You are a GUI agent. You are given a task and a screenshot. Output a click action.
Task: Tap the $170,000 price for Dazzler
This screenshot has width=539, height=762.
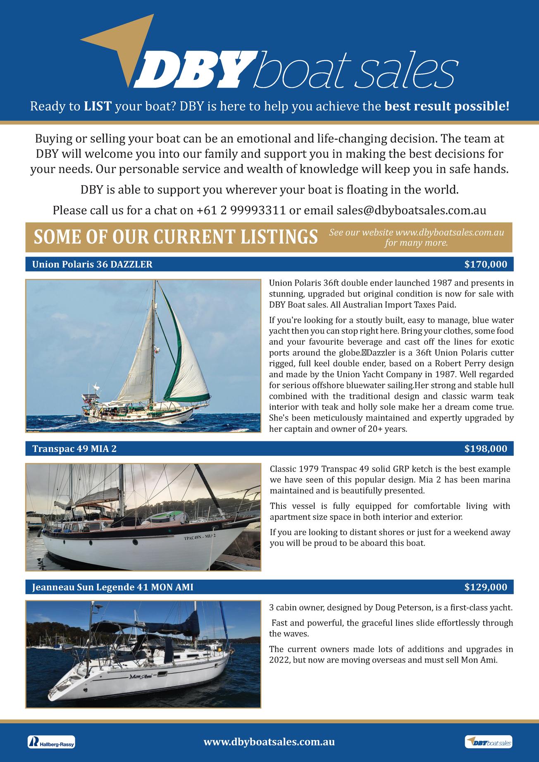pos(485,264)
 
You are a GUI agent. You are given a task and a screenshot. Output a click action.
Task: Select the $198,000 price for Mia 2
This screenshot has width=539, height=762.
pos(485,449)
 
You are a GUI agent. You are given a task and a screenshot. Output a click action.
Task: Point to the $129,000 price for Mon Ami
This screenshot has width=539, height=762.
pos(485,587)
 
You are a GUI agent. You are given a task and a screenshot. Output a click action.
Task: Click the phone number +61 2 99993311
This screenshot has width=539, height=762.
pos(241,210)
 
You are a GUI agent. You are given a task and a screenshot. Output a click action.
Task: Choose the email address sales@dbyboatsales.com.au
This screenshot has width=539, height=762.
pos(411,210)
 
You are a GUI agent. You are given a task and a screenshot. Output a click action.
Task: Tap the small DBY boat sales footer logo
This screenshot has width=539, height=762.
pos(488,742)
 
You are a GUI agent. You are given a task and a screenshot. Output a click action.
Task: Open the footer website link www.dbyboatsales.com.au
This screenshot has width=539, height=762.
pos(269,742)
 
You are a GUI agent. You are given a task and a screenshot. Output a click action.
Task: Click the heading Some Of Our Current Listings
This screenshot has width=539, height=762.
pos(176,237)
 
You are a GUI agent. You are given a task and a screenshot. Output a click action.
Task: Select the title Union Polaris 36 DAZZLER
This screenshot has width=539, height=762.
pos(92,264)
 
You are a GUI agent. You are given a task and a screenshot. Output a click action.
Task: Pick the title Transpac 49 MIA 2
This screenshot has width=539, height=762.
pos(74,449)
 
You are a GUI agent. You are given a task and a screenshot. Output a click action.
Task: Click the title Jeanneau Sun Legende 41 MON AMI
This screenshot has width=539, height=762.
pos(112,587)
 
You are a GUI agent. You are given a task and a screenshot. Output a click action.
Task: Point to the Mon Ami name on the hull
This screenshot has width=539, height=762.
pos(141,676)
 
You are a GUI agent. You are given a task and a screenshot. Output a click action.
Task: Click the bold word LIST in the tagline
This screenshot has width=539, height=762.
pos(98,107)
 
